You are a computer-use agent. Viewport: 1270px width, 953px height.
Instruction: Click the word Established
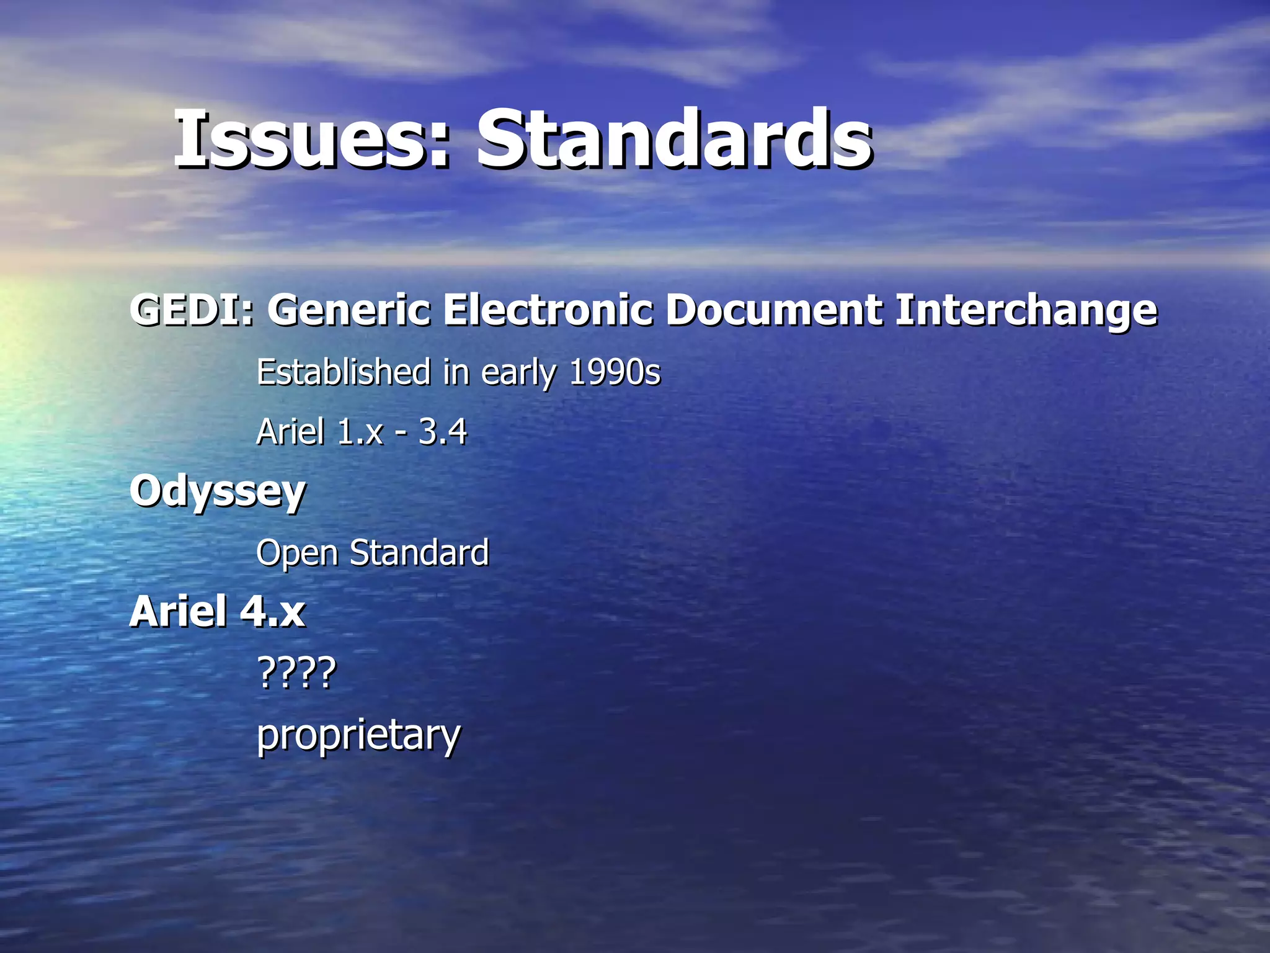[344, 372]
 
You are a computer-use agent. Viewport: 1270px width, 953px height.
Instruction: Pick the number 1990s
[615, 372]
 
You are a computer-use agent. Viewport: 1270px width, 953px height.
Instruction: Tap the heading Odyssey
[218, 492]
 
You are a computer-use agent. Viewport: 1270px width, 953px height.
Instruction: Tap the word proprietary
[358, 736]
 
